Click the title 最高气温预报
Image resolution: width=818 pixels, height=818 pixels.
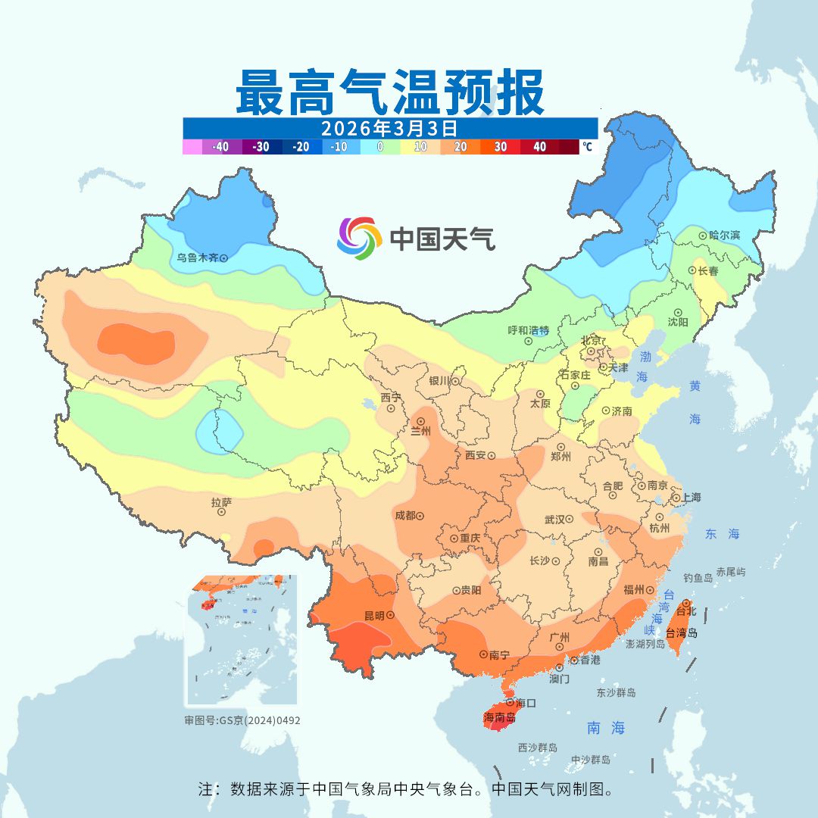click(390, 92)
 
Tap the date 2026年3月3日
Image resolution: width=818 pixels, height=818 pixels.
click(389, 127)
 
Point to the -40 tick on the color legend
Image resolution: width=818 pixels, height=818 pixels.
click(220, 147)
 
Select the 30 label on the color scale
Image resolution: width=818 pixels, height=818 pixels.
click(500, 147)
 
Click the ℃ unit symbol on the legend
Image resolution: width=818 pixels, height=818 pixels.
click(587, 147)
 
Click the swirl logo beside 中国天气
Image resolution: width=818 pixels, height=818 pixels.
click(358, 238)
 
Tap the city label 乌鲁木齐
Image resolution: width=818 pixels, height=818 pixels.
click(198, 258)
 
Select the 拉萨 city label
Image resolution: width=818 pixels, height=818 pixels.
click(221, 501)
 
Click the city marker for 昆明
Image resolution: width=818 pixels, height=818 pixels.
click(390, 616)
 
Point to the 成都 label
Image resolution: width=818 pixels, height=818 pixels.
click(404, 515)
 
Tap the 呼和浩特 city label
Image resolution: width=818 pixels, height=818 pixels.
click(528, 330)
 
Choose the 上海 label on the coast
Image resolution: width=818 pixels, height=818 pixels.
click(691, 498)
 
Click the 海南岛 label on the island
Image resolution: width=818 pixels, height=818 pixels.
click(499, 717)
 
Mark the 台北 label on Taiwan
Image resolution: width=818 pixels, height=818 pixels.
click(685, 610)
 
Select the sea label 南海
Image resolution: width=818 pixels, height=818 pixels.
click(606, 728)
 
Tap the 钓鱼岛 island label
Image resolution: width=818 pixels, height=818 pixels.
click(698, 578)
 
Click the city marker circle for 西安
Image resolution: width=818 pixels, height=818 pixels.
click(491, 456)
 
